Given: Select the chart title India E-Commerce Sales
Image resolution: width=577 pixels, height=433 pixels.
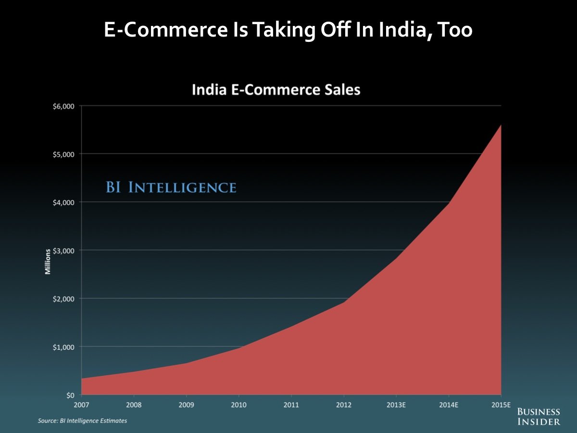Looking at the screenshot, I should point(276,89).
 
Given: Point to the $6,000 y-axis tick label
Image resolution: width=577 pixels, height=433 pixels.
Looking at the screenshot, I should point(63,106).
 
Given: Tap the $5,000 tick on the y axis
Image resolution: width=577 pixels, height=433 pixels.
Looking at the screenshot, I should point(63,154).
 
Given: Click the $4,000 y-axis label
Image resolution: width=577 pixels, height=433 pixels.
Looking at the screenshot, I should point(63,202).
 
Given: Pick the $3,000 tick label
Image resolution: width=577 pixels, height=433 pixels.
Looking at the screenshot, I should point(63,250).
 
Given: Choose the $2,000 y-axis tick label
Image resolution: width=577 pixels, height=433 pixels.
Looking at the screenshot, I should point(63,298).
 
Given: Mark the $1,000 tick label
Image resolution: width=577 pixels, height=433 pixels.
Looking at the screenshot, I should point(63,346).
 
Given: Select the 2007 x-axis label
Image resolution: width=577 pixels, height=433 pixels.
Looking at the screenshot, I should point(81,405).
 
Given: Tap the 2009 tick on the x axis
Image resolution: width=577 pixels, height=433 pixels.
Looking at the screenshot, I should point(186,405).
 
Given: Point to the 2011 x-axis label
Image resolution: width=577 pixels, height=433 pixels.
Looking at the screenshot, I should point(291,405).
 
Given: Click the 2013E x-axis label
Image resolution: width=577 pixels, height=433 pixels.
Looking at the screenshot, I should point(396,405).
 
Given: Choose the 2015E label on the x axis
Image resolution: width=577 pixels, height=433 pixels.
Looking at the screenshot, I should point(501,405).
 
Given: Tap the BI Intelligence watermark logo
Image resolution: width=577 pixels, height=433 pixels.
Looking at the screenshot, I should point(171,187).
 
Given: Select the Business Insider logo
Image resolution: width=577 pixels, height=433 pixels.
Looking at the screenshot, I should point(539,417).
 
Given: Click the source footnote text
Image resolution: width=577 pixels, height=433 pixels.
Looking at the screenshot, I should point(83,420).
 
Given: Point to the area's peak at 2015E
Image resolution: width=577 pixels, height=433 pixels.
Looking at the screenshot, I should point(501,126).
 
